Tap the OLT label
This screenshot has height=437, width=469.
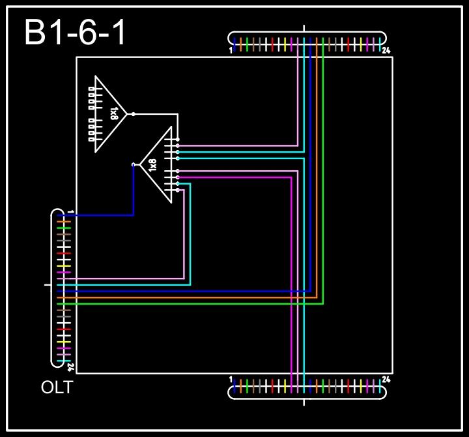tap(57, 387)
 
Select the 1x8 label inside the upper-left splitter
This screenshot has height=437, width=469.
tap(114, 114)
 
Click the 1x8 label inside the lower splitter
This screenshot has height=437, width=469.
tap(152, 165)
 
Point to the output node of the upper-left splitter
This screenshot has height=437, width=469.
tap(134, 114)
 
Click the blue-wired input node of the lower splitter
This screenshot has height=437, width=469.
tap(134, 164)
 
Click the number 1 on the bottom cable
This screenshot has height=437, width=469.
tap(231, 379)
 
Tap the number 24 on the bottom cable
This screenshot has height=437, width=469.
tap(386, 379)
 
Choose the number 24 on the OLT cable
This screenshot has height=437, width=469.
tap(70, 367)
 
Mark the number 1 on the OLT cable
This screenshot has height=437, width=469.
tap(70, 213)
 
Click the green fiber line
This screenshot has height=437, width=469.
tap(195, 304)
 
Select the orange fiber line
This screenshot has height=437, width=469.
tap(195, 297)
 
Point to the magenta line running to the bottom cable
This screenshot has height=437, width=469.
tap(291, 274)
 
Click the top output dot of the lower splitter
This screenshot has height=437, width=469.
tap(178, 140)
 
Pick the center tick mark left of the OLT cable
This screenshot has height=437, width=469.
tap(47, 285)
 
